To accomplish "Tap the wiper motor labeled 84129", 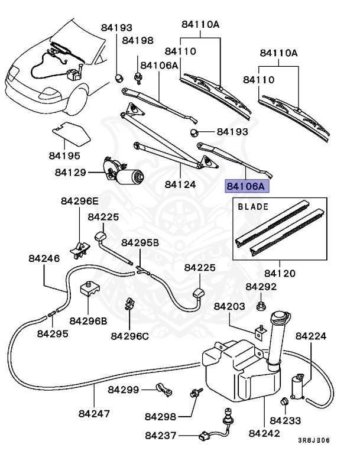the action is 123,172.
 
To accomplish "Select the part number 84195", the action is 64,156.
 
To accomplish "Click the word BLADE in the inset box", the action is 253,207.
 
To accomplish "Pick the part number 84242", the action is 264,433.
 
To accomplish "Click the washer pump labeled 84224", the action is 298,387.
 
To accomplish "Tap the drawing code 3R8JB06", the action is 314,440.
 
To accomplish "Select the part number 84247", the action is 95,414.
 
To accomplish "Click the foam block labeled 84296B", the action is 89,290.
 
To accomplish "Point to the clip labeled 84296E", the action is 80,249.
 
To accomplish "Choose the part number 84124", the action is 180,184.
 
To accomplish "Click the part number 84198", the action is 138,40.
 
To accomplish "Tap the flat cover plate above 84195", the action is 72,133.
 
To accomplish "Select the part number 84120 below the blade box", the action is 280,273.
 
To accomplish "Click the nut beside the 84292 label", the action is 261,306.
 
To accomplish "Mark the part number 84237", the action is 160,436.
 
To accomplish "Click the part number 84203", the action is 229,306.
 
